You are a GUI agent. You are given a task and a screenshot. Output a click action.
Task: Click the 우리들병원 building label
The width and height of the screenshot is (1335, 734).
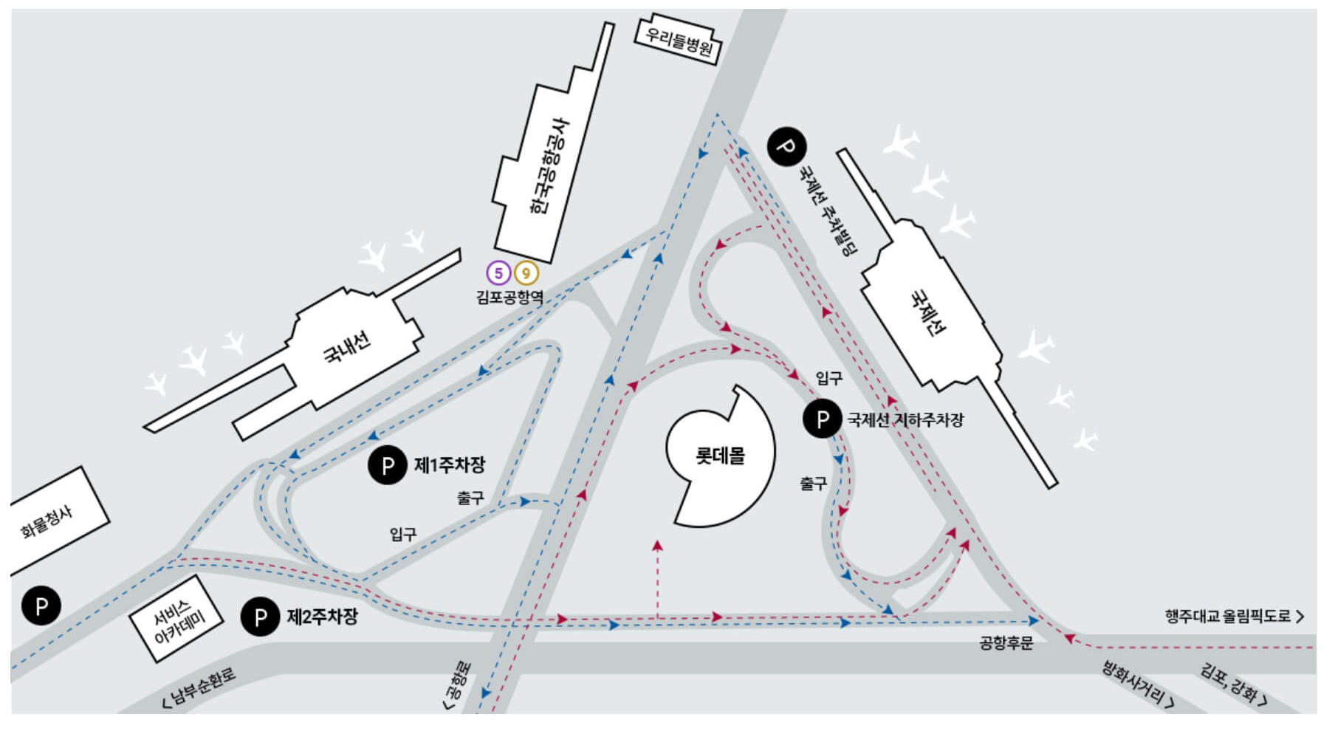679,40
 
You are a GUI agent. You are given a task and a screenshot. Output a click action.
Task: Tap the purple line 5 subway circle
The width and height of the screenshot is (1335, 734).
498,273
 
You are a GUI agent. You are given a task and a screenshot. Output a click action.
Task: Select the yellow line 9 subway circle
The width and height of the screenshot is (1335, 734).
526,273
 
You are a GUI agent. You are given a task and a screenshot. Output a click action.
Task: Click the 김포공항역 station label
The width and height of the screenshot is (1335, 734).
509,298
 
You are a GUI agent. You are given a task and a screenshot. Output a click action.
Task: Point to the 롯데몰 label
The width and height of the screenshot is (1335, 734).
720,456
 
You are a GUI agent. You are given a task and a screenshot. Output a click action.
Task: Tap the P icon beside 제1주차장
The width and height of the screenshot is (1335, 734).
387,465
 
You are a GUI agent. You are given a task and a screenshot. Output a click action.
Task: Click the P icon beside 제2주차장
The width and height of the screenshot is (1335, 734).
260,617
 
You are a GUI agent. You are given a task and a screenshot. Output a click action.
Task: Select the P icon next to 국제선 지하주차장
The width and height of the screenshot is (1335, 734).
822,419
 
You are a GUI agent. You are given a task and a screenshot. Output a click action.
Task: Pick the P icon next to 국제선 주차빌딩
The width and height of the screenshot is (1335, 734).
786,146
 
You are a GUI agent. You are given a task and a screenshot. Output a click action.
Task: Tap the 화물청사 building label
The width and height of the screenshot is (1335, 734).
47,522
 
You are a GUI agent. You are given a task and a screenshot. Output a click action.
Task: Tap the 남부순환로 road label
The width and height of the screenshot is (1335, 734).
200,688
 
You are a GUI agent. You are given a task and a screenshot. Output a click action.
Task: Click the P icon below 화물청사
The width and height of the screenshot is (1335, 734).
41,606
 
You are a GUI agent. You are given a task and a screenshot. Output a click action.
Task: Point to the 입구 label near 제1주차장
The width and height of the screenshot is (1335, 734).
403,534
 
